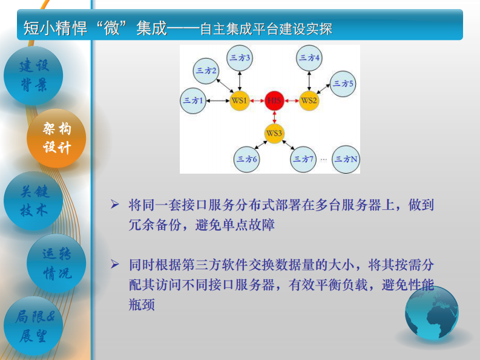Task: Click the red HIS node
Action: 274,100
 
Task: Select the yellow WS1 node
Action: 240,100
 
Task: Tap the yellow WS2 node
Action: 309,100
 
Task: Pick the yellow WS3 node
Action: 274,133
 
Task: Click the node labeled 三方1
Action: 193,100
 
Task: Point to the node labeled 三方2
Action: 206,71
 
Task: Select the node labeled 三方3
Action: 240,58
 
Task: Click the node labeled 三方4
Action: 309,58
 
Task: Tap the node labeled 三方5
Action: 343,83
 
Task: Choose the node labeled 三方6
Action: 247,159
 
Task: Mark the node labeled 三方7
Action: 303,159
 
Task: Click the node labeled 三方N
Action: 346,159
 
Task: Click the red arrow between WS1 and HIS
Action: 257,100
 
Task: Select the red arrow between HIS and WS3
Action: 274,117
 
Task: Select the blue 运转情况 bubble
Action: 56,264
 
